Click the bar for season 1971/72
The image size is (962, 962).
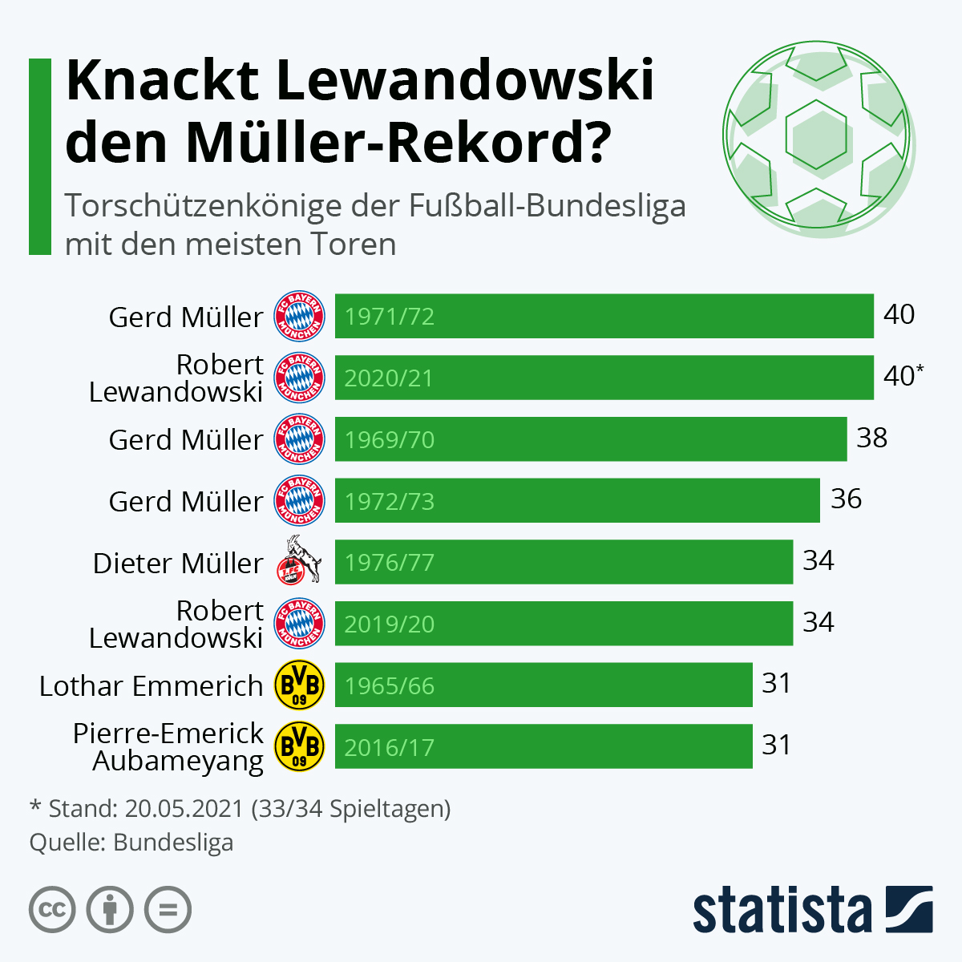point(604,316)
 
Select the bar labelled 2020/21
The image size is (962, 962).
point(604,378)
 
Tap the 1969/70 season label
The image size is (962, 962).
point(390,440)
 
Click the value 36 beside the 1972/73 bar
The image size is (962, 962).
point(846,499)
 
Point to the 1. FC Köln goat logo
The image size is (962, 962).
point(300,561)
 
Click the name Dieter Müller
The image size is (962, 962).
point(177,563)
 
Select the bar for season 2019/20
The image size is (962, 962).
point(564,624)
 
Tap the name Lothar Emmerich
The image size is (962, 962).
point(151,686)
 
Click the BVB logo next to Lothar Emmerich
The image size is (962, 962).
point(299,685)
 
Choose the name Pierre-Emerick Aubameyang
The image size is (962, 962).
point(168,746)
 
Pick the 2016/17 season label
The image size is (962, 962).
point(390,748)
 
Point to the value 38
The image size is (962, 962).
point(872,438)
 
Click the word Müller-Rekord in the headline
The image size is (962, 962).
point(395,143)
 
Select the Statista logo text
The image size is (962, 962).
point(782,911)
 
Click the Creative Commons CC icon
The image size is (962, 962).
point(52,910)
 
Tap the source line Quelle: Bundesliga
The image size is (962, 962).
point(131,843)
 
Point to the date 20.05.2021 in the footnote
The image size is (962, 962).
point(184,808)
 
